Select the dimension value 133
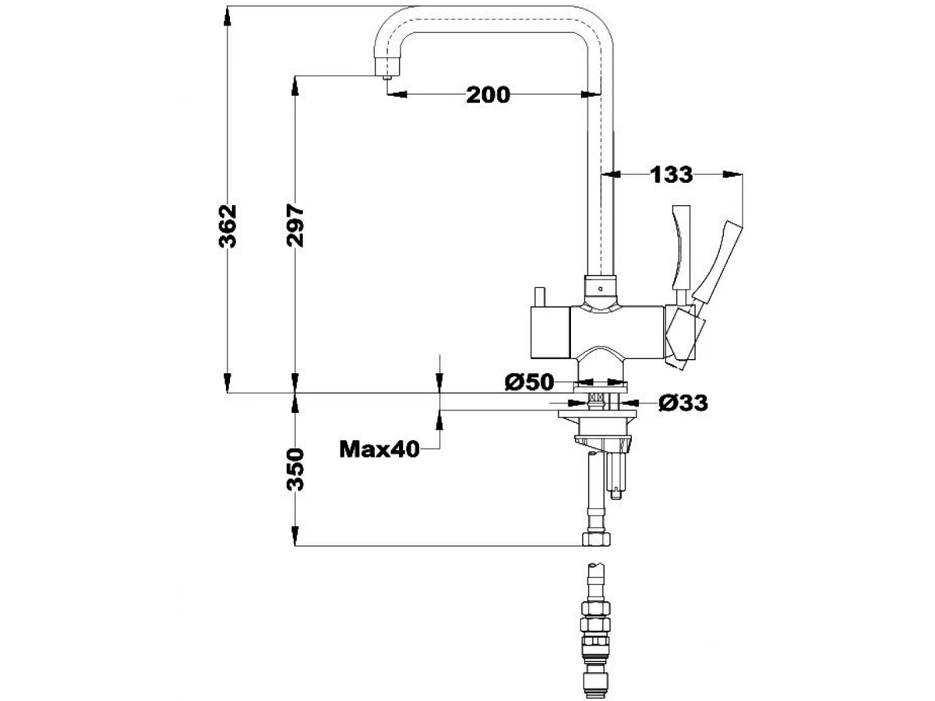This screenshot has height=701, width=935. point(671,174)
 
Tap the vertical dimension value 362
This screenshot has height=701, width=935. point(228,226)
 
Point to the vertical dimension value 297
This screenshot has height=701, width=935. point(295,226)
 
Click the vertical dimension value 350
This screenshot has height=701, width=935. point(295,469)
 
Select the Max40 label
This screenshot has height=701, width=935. point(379,449)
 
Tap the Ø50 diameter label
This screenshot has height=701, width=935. point(529,382)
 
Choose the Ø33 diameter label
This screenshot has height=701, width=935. point(683,403)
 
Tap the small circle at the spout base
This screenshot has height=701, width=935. point(599,287)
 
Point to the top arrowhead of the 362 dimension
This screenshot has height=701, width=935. point(228,14)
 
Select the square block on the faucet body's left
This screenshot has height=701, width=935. point(550,331)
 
